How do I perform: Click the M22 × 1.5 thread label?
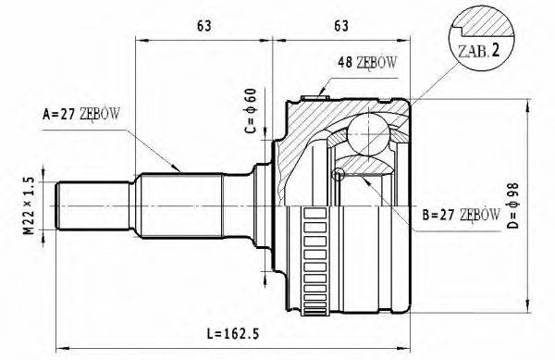pos(30,205)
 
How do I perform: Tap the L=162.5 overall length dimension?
pos(233,333)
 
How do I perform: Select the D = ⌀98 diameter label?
pos(512,205)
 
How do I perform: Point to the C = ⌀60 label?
pos(250,111)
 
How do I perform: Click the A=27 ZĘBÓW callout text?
pos(81,115)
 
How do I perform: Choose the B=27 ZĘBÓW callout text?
pos(462,215)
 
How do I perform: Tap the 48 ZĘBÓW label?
pos(367,63)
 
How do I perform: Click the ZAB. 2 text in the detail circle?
pos(479,51)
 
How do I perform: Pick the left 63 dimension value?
pos(204,26)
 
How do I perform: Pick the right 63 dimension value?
pos(341,26)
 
